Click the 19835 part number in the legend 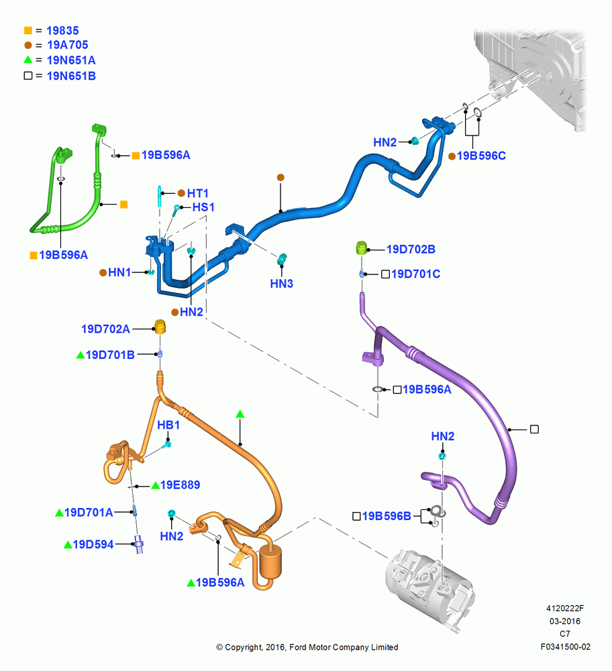coord(62,31)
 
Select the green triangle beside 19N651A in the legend coord(28,60)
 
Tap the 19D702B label coord(411,249)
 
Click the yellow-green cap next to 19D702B coord(362,248)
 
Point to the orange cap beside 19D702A coord(160,327)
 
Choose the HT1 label coord(198,193)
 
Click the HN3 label coord(282,284)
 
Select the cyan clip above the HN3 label coord(282,259)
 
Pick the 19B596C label coord(481,156)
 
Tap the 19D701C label coord(415,274)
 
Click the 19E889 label coord(180,485)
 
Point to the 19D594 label coord(93,544)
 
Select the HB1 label coord(168,425)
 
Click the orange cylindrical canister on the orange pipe coord(270,562)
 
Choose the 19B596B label coord(387,516)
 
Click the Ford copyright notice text coord(307,647)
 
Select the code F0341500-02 coord(565,647)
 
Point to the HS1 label coord(203,207)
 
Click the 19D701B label coord(110,355)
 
